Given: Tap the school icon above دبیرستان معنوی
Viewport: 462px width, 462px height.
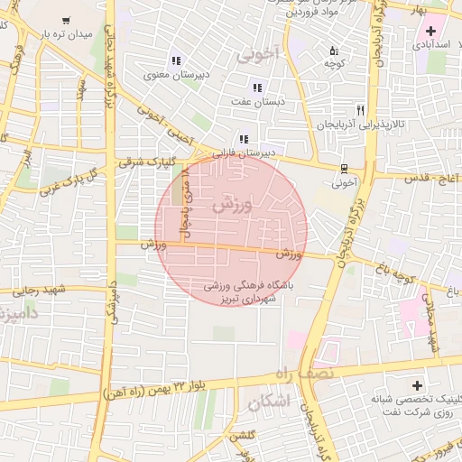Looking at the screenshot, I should tap(175, 60).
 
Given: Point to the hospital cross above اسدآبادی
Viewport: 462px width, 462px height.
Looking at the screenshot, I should tap(431, 31).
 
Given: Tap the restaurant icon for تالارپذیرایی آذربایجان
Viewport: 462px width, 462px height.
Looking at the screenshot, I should tap(360, 110).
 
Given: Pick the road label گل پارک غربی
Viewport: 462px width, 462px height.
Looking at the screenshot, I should tap(67, 177).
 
